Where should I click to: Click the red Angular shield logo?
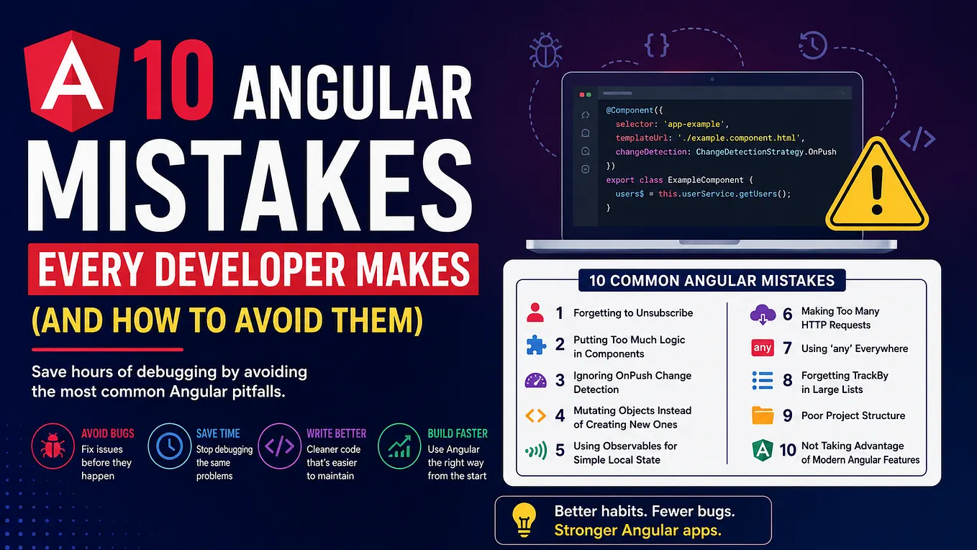[x=72, y=81]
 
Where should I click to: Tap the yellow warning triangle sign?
[x=877, y=186]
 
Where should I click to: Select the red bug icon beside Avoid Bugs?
[x=53, y=446]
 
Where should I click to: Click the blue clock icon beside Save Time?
[x=169, y=446]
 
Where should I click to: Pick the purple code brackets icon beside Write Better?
[x=280, y=446]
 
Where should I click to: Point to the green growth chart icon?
[x=399, y=446]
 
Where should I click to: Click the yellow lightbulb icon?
[x=524, y=520]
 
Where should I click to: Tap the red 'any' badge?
[x=763, y=348]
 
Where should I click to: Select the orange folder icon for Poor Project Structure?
[x=763, y=415]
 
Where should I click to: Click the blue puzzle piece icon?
[x=535, y=345]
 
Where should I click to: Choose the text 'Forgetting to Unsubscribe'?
[x=633, y=313]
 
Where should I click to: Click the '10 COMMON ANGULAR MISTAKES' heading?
[x=712, y=280]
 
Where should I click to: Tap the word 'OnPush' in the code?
[x=822, y=152]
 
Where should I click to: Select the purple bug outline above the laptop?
[x=545, y=50]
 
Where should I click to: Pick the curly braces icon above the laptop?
[x=656, y=45]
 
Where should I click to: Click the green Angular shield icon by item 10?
[x=763, y=451]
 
